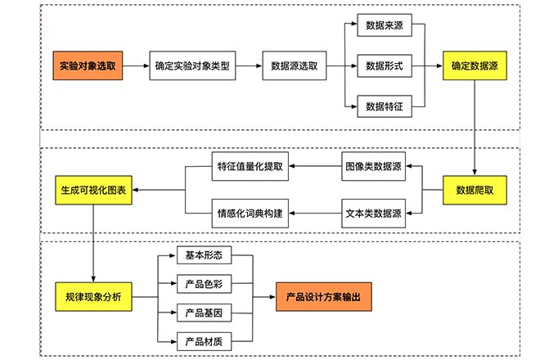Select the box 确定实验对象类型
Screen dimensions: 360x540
point(193,65)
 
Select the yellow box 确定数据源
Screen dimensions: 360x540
point(472,65)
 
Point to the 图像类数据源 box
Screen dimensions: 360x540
point(373,167)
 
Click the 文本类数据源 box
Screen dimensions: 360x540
point(373,214)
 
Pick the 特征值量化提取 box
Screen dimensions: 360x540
point(250,167)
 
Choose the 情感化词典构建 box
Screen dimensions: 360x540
point(250,214)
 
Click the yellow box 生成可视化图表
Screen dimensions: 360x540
point(93,190)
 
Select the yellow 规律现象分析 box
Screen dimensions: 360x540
point(93,297)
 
